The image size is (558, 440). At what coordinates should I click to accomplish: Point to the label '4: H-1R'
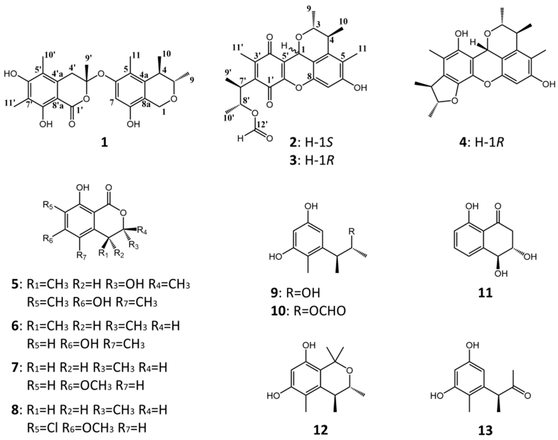(481, 143)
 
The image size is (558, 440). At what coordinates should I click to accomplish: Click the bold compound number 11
(485, 293)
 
